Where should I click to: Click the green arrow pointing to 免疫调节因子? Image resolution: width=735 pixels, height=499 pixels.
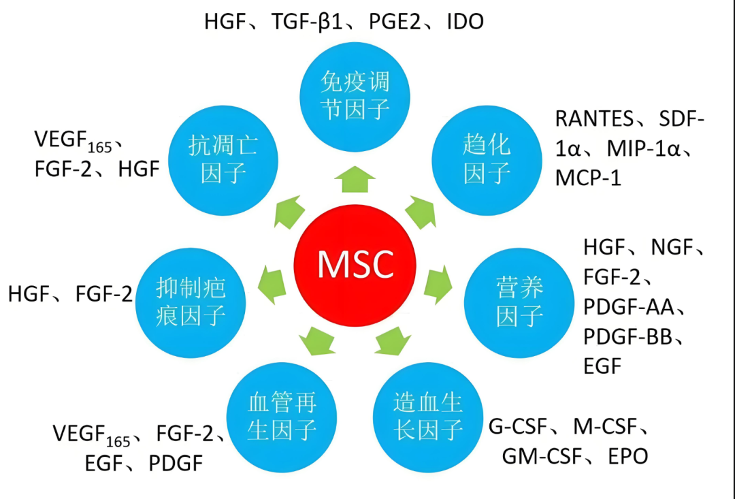point(355,180)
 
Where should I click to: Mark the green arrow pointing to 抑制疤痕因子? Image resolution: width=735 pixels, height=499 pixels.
point(272,281)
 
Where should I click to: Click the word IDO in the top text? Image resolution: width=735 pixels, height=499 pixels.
point(465,22)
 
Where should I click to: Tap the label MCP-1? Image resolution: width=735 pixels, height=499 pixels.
point(588,178)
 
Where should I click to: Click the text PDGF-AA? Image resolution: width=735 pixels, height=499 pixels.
point(628,308)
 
